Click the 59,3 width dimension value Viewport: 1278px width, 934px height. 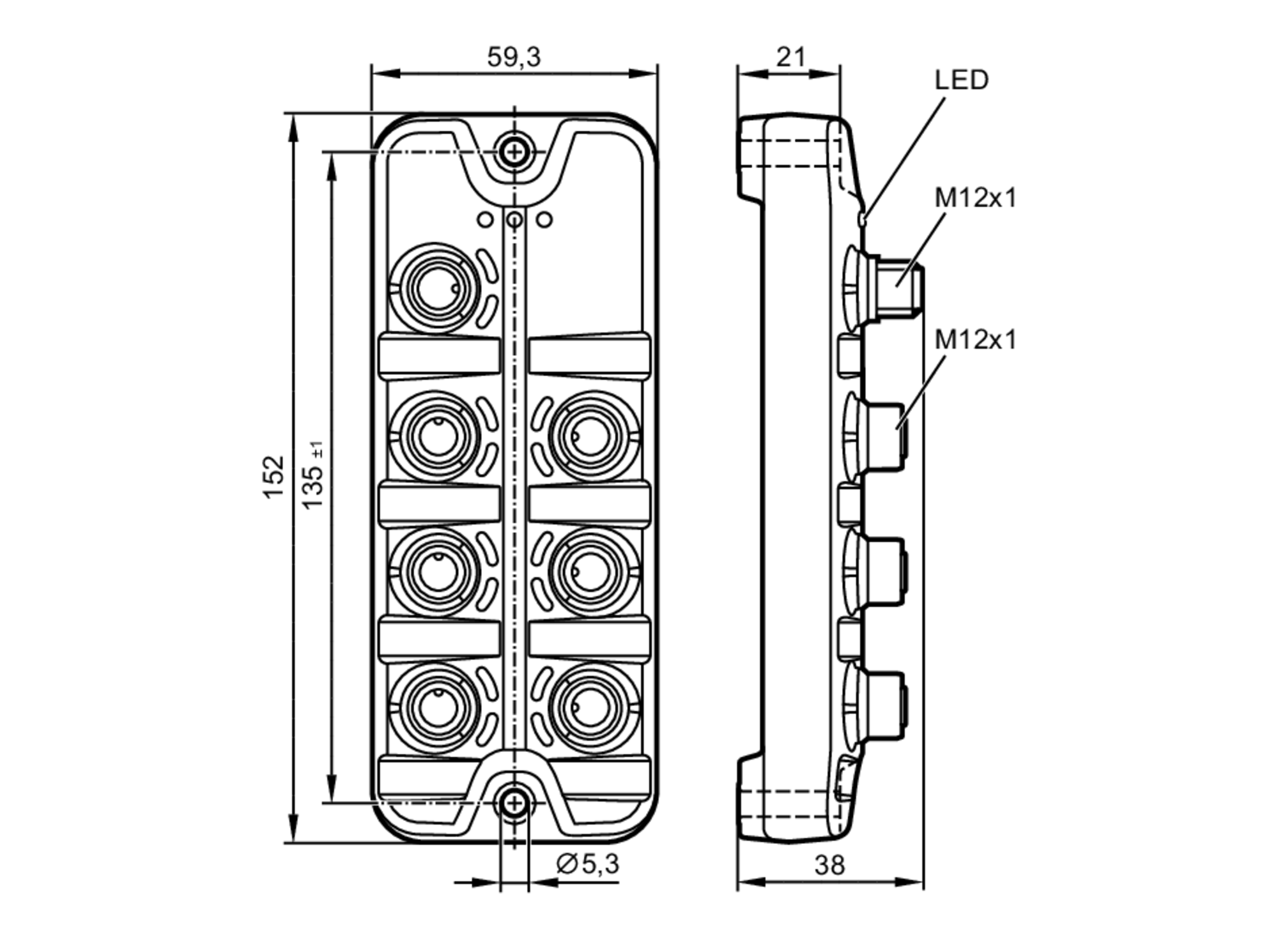[x=514, y=57]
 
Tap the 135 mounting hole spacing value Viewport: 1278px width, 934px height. [x=314, y=476]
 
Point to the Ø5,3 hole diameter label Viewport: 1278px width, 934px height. [x=588, y=864]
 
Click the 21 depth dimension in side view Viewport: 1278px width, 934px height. [x=791, y=57]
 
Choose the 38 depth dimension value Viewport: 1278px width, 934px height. [x=830, y=865]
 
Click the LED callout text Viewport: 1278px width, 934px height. [x=962, y=80]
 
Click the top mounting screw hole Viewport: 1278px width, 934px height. [x=514, y=152]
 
